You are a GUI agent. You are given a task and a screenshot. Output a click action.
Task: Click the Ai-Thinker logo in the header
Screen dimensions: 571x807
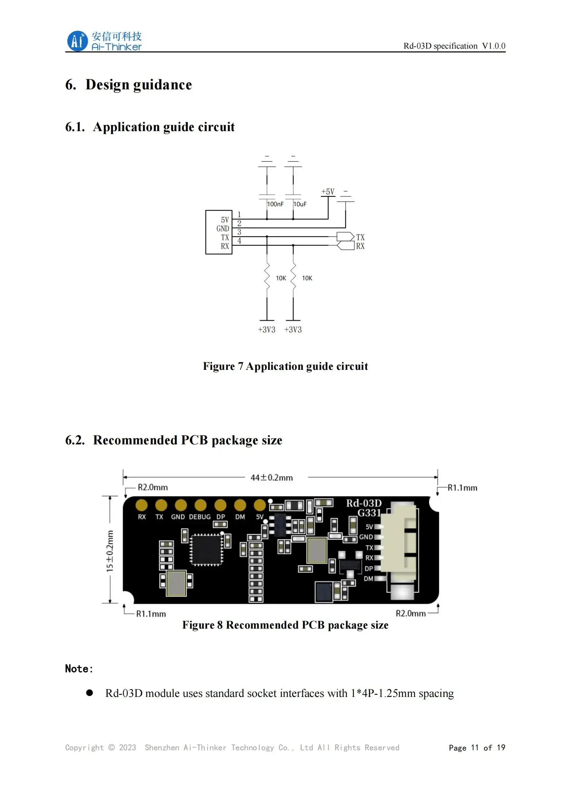[104, 41]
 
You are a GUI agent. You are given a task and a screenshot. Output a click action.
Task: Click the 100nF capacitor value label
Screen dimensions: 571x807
[275, 204]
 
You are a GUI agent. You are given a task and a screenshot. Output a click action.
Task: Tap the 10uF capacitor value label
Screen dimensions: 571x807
[300, 204]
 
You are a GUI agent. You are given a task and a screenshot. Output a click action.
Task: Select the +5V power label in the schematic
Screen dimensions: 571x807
[328, 191]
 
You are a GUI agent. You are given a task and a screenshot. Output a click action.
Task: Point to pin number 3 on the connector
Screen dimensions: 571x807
[239, 232]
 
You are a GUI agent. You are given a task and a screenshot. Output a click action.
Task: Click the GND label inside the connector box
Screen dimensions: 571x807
[223, 228]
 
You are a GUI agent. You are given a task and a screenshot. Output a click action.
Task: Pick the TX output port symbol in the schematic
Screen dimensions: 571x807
[345, 237]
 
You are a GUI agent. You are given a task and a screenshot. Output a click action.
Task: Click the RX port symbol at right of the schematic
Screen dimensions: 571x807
[345, 245]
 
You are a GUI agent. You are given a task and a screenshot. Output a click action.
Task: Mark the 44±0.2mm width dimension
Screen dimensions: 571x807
[271, 478]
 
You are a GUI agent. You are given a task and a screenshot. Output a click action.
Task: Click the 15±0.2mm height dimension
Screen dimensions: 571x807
[110, 551]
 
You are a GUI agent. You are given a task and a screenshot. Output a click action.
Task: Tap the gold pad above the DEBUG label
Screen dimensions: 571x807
[201, 505]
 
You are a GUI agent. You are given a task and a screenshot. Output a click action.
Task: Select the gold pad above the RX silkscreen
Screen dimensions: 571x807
[142, 505]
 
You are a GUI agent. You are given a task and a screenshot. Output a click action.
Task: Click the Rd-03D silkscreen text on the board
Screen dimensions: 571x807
[364, 503]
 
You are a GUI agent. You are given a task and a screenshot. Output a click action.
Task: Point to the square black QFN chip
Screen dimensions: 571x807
[206, 550]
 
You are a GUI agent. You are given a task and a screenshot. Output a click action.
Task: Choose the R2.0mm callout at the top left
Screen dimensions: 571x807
[153, 488]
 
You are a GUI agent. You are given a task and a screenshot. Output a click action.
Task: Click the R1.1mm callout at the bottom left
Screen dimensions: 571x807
[151, 614]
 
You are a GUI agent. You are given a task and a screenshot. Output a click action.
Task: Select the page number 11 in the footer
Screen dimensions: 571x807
[475, 748]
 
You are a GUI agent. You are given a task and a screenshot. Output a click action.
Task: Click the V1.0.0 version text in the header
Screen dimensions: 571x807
[494, 46]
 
